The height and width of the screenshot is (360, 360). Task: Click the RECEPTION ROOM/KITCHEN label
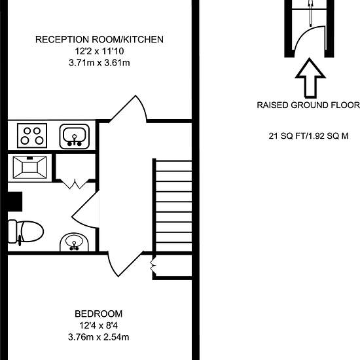[x=99, y=39]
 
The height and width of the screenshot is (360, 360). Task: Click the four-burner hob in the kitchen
[x=31, y=135]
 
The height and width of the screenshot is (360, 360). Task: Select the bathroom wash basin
[x=74, y=243]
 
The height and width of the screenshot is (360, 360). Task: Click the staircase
[x=172, y=206]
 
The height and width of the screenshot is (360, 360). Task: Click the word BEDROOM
[x=98, y=314]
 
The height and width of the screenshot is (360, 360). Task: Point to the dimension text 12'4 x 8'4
[x=98, y=325]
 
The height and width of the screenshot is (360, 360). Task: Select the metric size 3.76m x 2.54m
[x=98, y=337]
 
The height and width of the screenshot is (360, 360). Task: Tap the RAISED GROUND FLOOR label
[x=308, y=105]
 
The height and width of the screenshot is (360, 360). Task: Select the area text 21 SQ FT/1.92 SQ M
[x=308, y=137]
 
